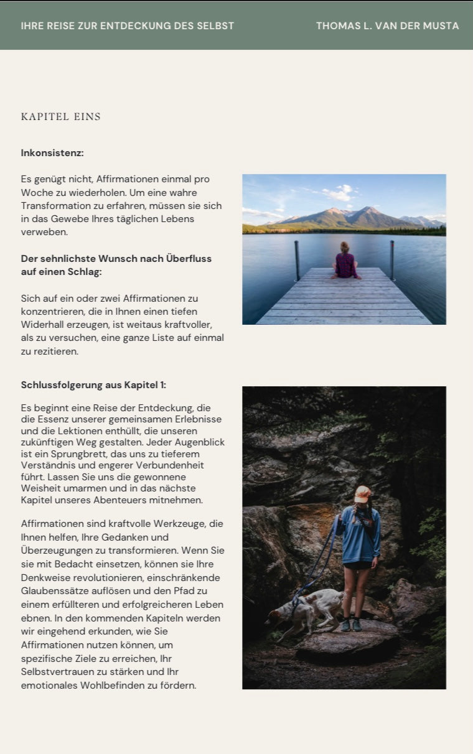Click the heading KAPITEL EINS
click(60, 117)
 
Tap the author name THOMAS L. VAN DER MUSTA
click(387, 26)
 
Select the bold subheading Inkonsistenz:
click(52, 153)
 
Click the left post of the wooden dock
click(297, 260)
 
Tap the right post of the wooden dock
click(392, 260)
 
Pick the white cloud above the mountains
click(339, 193)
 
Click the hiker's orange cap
click(362, 493)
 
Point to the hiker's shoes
click(351, 624)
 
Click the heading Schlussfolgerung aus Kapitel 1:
click(93, 385)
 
